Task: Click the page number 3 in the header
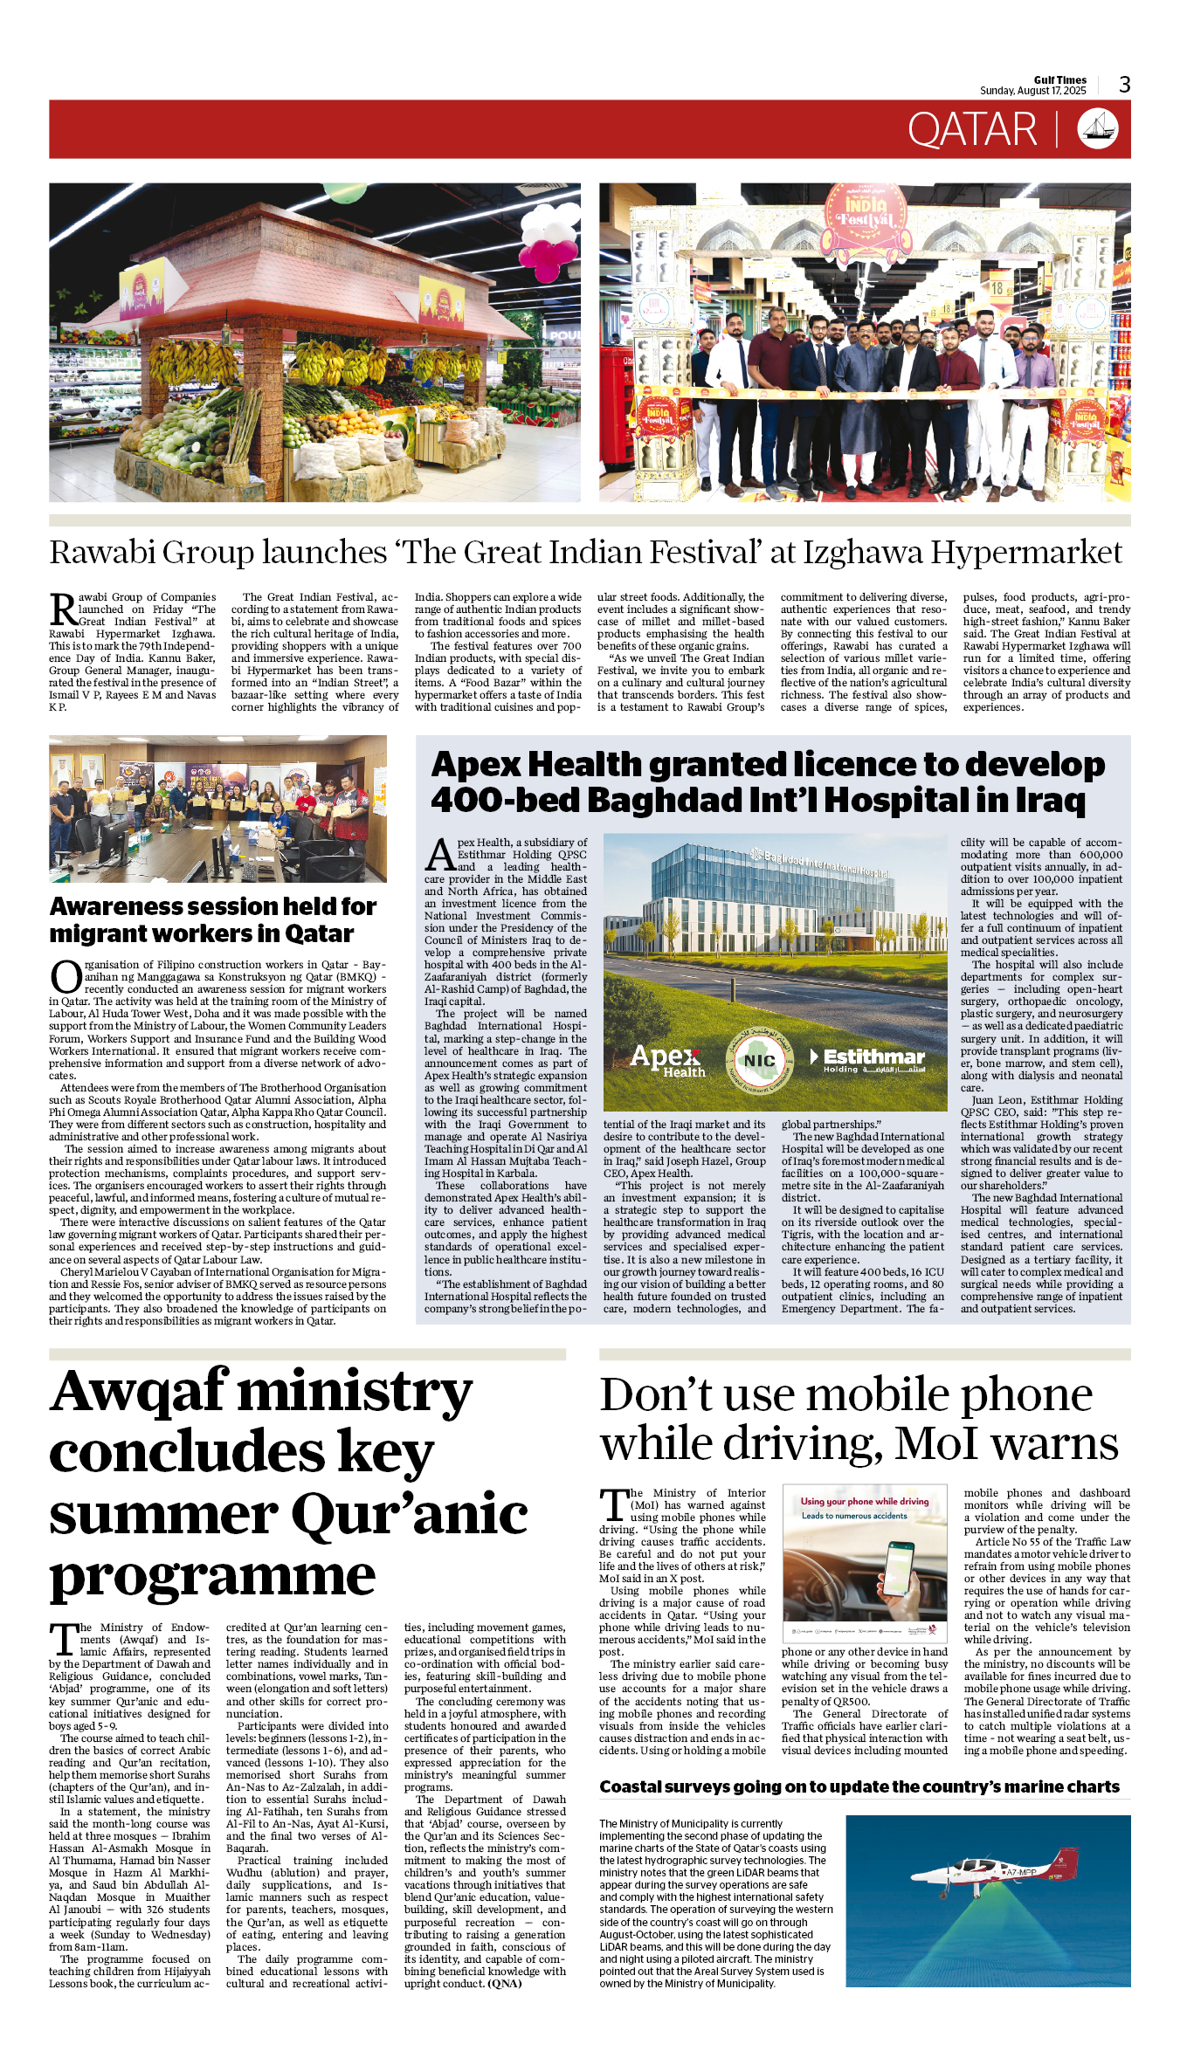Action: tap(1124, 85)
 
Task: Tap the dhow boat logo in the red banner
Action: tap(1098, 129)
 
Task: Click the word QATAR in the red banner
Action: tap(971, 130)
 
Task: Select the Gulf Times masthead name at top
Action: tap(1059, 79)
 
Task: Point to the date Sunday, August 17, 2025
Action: tap(1032, 91)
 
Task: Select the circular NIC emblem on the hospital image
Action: tap(759, 1060)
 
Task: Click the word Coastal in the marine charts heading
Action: tap(631, 1787)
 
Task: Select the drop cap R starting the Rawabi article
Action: tap(62, 609)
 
